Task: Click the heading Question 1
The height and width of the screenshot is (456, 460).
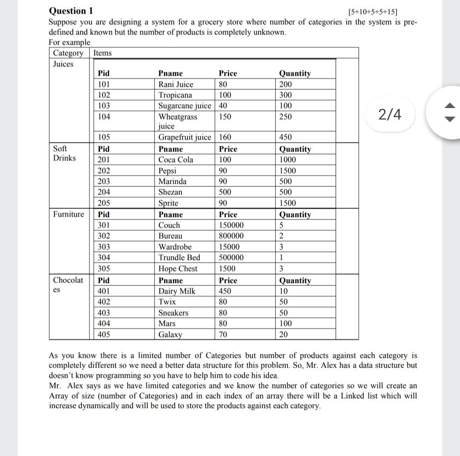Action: pos(71,11)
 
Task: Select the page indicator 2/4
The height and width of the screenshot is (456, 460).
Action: pos(390,114)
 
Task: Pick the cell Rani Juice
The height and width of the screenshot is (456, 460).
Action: pos(175,84)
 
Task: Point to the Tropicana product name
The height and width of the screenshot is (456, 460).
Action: pos(175,95)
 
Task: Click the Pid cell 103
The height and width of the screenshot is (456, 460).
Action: pos(104,105)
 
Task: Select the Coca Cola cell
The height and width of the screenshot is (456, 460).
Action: pos(175,160)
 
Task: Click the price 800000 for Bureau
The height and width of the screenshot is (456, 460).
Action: pos(231,236)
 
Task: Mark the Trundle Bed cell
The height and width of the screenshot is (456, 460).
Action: pos(179,258)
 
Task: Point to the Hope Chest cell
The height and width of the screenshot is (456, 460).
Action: pos(178,269)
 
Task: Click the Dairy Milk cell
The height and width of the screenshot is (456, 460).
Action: pos(177,291)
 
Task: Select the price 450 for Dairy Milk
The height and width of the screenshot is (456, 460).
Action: pos(225,291)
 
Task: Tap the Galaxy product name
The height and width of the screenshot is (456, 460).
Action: pos(170,335)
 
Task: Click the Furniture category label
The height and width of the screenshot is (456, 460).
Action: pos(69,214)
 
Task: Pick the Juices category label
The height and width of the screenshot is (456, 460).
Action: pos(63,64)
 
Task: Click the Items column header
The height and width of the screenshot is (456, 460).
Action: pos(102,53)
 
